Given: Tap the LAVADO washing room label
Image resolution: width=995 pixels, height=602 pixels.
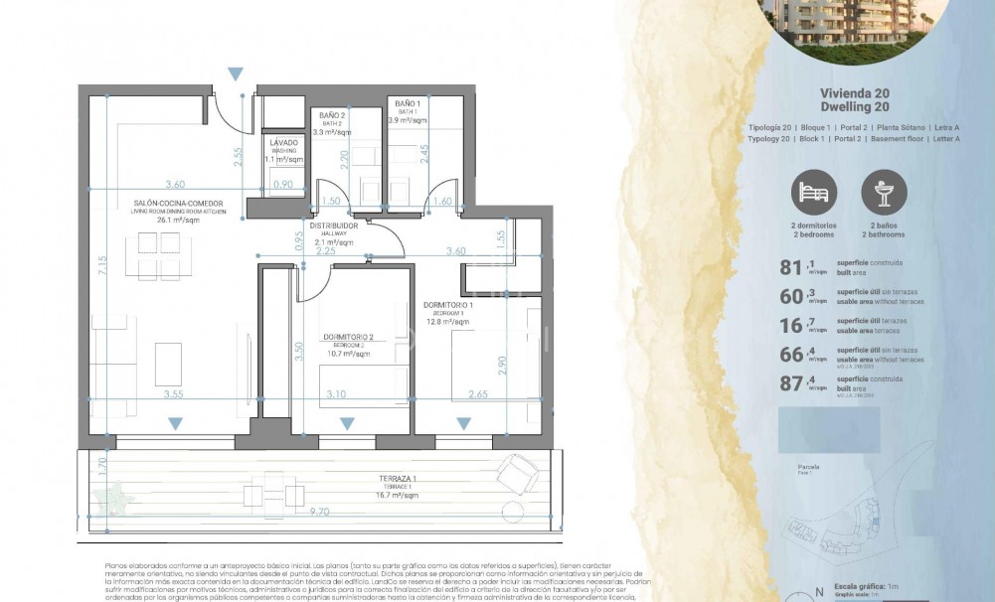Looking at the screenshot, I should [x=283, y=143].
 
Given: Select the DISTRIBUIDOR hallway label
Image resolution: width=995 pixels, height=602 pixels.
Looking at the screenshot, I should [x=333, y=225].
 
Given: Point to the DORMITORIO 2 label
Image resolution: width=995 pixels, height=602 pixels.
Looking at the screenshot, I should [x=348, y=337].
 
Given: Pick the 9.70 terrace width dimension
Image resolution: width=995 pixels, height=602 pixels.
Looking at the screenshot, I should [x=320, y=512].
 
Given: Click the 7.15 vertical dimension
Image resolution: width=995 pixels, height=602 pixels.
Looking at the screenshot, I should [x=102, y=266].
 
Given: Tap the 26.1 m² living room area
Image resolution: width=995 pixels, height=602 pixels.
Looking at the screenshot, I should [x=180, y=221].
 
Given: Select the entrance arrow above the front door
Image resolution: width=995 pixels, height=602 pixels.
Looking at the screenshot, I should [x=235, y=75].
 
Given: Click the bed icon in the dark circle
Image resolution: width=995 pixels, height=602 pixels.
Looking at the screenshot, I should [x=814, y=192].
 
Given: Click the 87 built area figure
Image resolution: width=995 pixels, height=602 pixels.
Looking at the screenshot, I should [x=791, y=383].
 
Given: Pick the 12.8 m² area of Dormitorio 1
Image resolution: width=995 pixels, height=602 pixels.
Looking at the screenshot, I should [x=447, y=321].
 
